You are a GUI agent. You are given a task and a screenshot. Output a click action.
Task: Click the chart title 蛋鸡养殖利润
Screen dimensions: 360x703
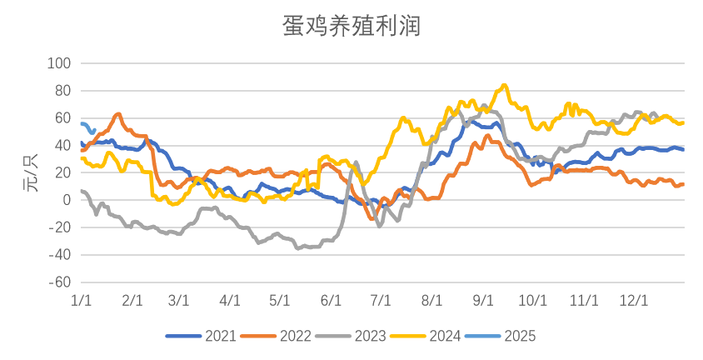[x=351, y=27]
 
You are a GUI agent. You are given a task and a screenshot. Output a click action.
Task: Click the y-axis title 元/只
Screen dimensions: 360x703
[x=31, y=172]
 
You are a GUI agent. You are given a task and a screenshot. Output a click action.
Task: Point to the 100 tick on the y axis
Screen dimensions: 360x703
[x=61, y=63]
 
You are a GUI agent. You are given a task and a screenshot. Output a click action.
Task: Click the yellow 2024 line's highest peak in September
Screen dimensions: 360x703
[x=504, y=84]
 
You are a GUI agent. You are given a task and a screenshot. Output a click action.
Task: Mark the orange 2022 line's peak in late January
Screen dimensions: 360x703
[x=118, y=113]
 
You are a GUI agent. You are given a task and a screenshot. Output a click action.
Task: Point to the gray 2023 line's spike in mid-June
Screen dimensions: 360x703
[x=356, y=162]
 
